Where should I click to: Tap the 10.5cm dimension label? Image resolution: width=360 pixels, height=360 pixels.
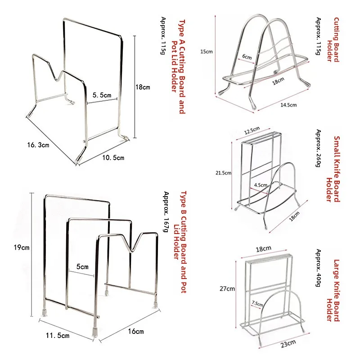click(x=112, y=157)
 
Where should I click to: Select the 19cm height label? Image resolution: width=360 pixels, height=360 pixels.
click(x=21, y=247)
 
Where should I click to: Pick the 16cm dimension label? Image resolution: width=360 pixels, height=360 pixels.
click(x=135, y=331)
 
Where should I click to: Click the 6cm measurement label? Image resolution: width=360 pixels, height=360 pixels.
click(x=247, y=57)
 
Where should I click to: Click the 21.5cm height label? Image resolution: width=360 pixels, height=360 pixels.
click(x=224, y=172)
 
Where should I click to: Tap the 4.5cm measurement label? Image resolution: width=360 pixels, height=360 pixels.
click(x=260, y=185)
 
